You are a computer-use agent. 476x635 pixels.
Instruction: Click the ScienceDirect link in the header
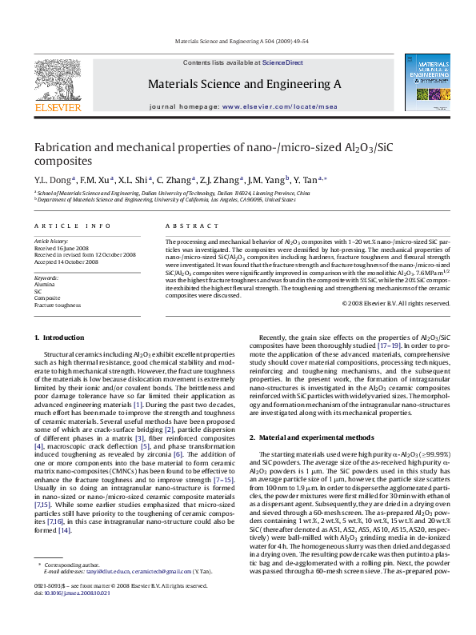click(x=282, y=62)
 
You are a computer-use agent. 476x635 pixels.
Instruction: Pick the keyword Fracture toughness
click(x=57, y=306)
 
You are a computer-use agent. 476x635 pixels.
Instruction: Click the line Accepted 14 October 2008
click(x=66, y=262)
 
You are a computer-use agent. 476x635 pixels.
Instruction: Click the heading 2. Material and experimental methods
click(x=311, y=437)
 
